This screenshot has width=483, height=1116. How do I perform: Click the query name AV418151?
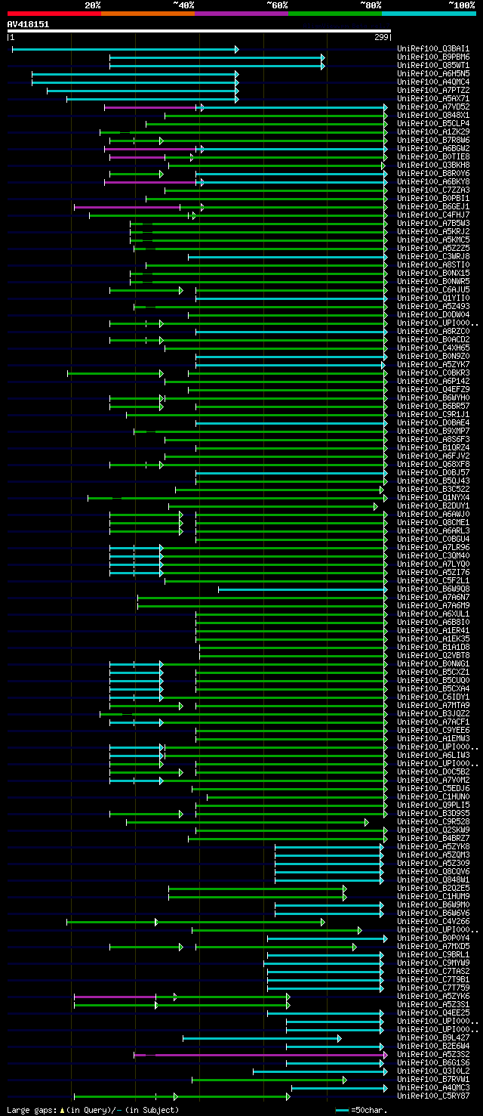(29, 24)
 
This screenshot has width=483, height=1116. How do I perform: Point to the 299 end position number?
(381, 37)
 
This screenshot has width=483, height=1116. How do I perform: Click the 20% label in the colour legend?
(93, 5)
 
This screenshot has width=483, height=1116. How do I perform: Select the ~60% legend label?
(277, 5)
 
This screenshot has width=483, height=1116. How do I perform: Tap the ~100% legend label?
(461, 5)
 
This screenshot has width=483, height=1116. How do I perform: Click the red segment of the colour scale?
(54, 14)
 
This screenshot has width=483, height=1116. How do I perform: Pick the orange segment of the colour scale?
(147, 14)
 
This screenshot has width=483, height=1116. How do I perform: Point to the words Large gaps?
(30, 1110)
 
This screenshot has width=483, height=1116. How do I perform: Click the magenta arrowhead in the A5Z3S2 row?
(385, 1055)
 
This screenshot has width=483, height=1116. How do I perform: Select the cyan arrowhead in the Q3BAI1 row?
(236, 50)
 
